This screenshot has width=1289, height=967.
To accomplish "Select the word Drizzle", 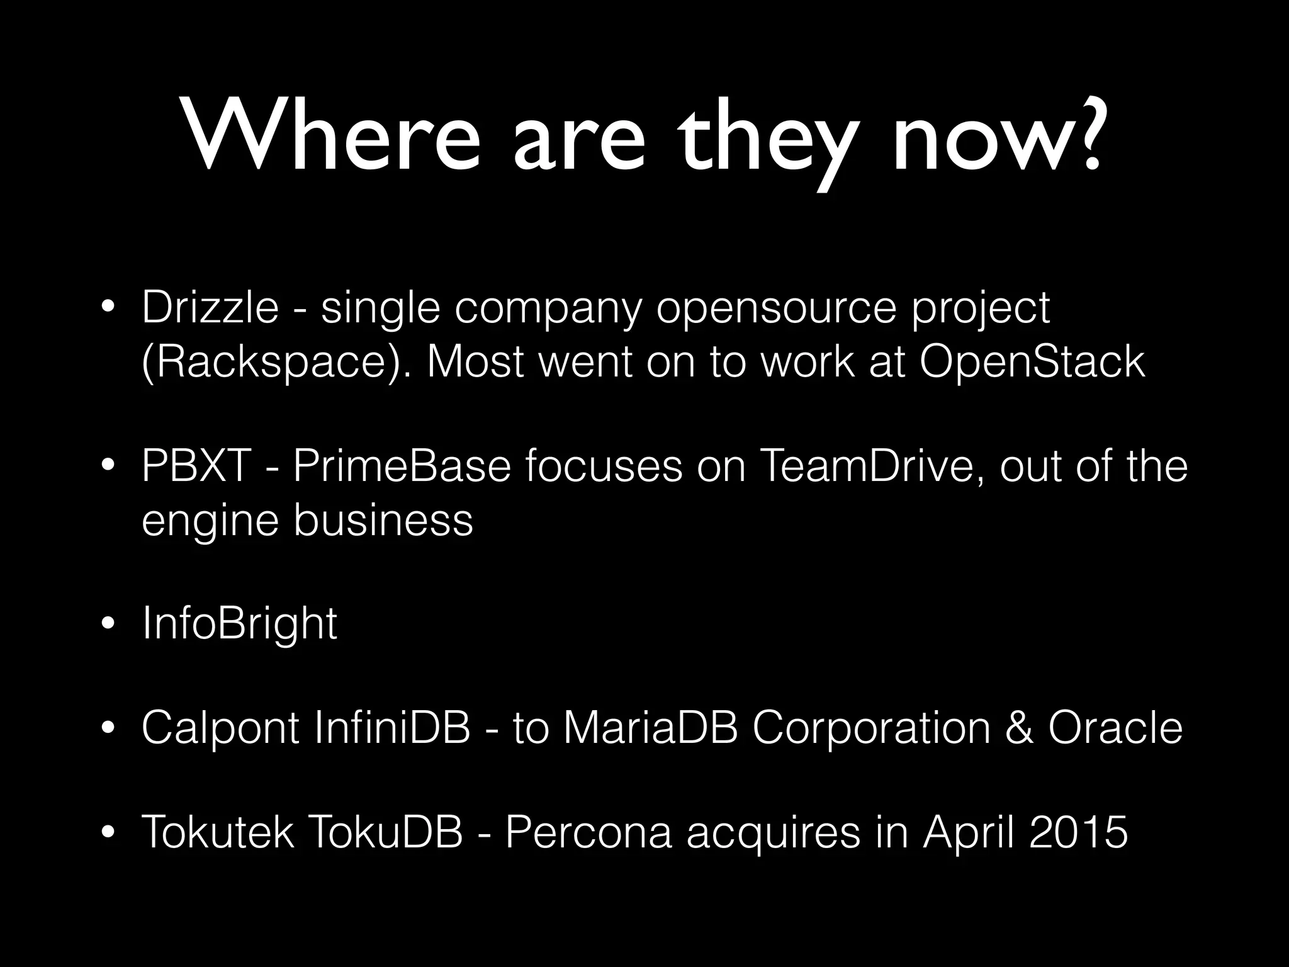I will click(x=210, y=308).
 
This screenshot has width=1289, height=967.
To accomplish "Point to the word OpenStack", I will click(x=1032, y=361).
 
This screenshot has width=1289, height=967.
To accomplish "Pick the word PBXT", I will click(x=196, y=467).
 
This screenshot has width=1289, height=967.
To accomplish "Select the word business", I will click(x=383, y=520).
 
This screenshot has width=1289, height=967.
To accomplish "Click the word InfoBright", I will click(x=240, y=624).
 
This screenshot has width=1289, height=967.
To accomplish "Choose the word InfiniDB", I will click(x=391, y=728).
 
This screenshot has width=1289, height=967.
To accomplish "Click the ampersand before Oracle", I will click(x=1019, y=728).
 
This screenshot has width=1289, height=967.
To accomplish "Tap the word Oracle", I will click(x=1115, y=728).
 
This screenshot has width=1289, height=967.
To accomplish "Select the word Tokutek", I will click(x=218, y=832).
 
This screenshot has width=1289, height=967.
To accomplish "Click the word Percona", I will click(x=588, y=832).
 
